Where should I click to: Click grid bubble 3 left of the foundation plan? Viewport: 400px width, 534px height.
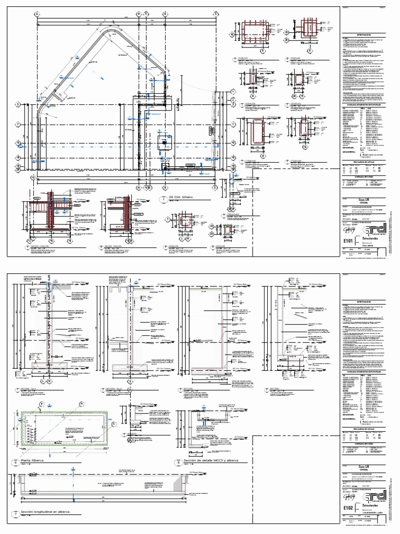[x=17, y=104]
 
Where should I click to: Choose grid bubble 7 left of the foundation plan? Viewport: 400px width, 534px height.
[x=17, y=124]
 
